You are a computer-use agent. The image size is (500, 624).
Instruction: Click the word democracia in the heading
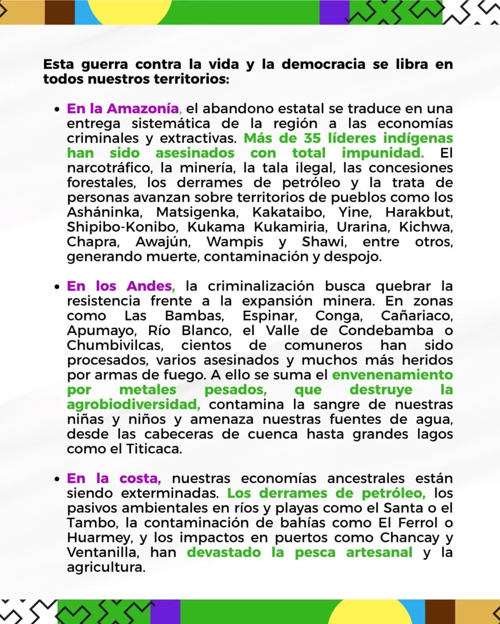point(323,64)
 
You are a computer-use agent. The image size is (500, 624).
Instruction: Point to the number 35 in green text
point(312,138)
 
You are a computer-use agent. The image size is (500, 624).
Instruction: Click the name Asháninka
point(105,212)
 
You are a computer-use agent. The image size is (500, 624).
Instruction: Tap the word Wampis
point(235,242)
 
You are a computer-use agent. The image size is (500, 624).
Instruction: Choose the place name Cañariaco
point(417,316)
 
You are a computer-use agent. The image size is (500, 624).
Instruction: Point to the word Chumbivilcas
point(115,345)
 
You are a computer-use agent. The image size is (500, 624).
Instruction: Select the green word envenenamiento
point(392,375)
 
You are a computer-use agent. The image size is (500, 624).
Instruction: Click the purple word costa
point(140,479)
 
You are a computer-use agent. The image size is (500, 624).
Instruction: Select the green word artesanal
point(379,553)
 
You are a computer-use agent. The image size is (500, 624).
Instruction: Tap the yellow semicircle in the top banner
point(130,10)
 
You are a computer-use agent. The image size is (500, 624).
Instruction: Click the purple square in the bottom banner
point(165,612)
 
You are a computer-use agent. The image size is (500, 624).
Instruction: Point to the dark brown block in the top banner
point(60,12)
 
